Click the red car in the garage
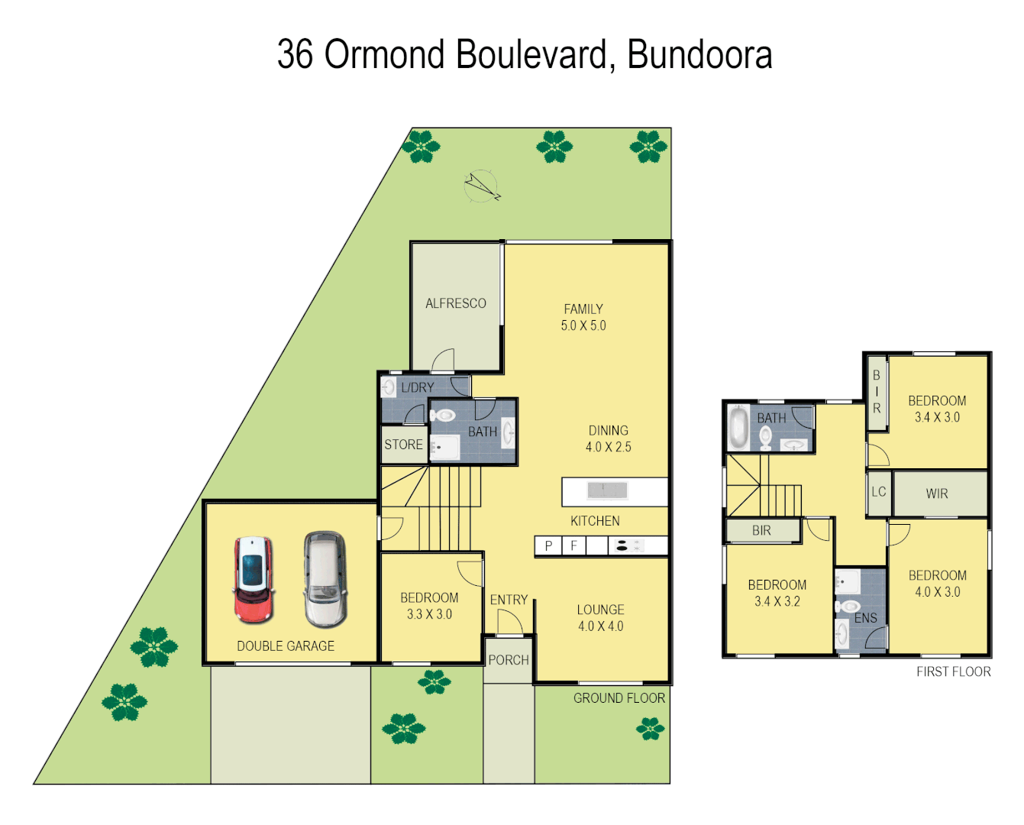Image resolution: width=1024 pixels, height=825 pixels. coord(254,580)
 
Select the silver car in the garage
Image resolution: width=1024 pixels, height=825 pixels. coord(325,578)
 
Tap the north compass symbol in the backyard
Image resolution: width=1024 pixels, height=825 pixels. coord(481,186)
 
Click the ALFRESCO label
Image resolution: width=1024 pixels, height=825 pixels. coord(455,303)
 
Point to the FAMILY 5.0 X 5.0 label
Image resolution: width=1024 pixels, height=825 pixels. coord(583,317)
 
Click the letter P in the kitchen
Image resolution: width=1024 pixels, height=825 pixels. coord(548,546)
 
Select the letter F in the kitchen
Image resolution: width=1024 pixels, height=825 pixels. coord(574,546)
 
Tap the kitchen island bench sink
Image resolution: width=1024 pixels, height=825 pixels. coord(607,490)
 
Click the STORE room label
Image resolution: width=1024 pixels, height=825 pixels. coord(403,445)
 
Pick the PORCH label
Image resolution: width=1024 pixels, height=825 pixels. coord(509,660)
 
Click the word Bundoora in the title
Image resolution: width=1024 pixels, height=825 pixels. coord(699,55)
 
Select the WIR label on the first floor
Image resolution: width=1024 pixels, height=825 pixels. coord(937,494)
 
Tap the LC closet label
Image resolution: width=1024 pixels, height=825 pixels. coord(878,492)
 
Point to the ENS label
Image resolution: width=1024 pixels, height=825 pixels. coord(865,618)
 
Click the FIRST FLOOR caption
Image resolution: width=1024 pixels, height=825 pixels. coord(953,672)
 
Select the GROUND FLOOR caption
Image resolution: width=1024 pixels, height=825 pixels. coord(619,698)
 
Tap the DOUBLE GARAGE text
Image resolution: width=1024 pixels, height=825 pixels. coord(286,646)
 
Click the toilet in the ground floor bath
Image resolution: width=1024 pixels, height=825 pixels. coord(443,416)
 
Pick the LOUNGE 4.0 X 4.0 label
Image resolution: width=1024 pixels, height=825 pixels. coord(600,618)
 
